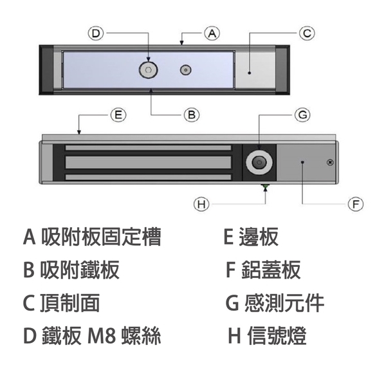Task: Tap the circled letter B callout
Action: click(x=190, y=115)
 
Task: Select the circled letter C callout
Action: click(x=307, y=32)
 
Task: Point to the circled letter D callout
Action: click(x=96, y=32)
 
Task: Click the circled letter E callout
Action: click(x=117, y=115)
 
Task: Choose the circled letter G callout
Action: click(x=302, y=115)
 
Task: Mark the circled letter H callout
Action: click(x=202, y=204)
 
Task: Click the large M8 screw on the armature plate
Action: click(x=149, y=69)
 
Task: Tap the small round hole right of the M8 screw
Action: click(x=186, y=69)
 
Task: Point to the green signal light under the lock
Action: click(x=265, y=188)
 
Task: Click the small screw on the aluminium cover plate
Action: click(x=330, y=162)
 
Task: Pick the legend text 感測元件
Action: click(x=284, y=303)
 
